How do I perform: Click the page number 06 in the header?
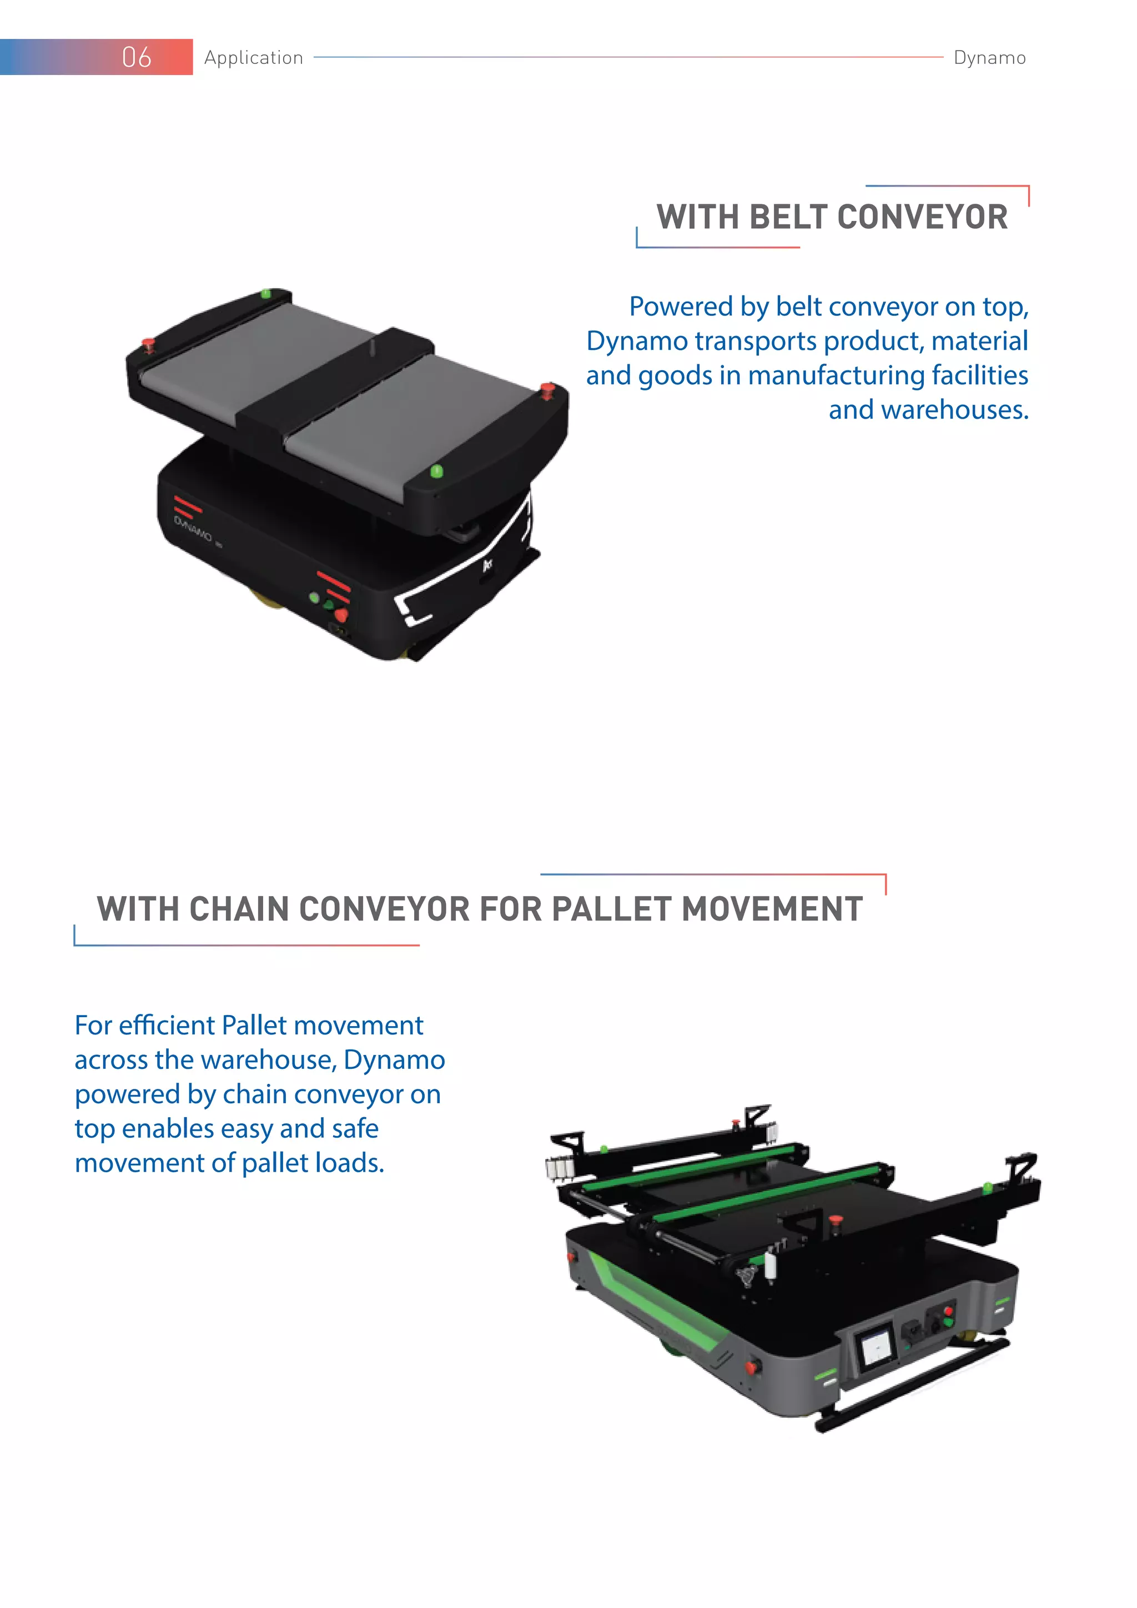coord(137,57)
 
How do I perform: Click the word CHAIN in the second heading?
coord(239,909)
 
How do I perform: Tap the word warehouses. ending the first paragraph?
coord(928,410)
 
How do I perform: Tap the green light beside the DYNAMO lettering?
coord(314,597)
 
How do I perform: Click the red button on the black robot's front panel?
coord(341,615)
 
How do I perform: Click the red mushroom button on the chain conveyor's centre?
coord(834,1219)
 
